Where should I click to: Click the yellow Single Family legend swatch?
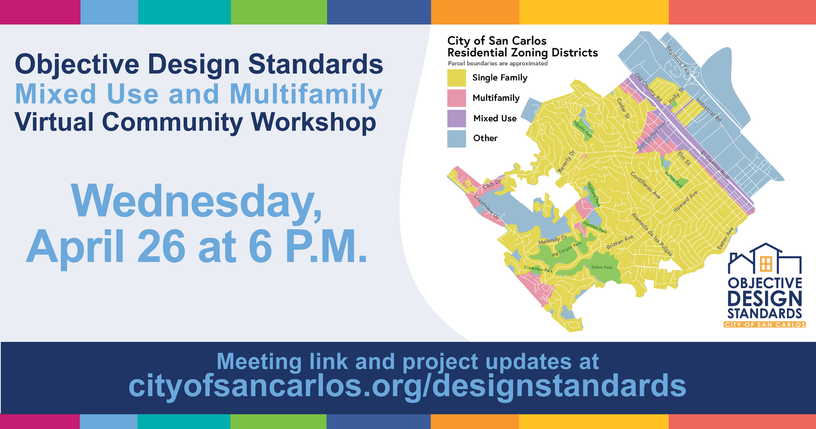456,78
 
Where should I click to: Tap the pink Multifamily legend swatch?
456,98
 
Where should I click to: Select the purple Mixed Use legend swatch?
456,118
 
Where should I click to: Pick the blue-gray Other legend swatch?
456,138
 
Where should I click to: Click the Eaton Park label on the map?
602,267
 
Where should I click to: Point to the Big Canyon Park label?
566,249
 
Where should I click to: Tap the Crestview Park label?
538,269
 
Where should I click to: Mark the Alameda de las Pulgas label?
651,234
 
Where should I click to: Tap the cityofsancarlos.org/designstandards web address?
407,386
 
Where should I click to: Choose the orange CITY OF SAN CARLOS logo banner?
765,324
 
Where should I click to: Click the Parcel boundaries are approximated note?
497,63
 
